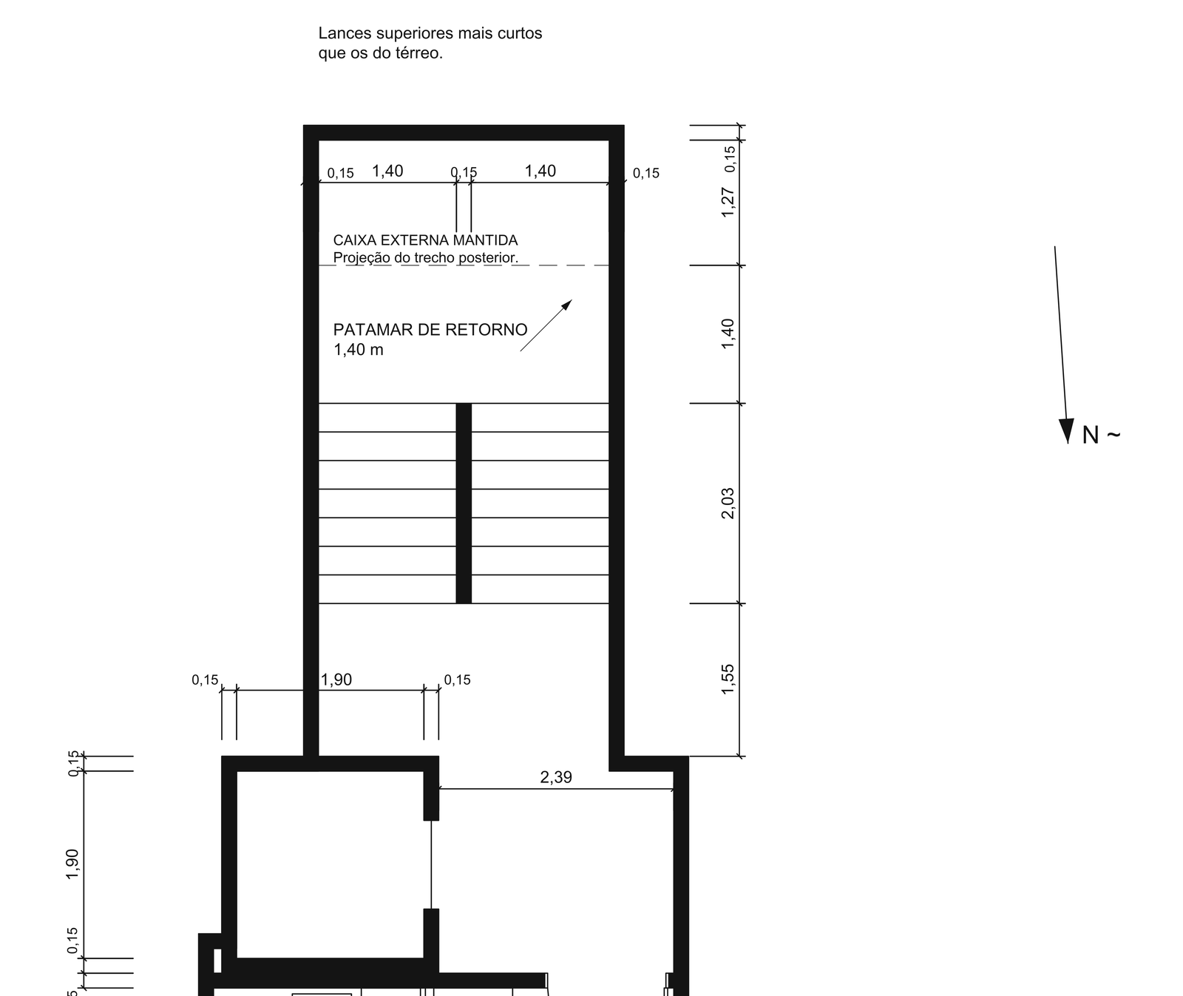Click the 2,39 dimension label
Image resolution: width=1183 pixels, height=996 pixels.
[556, 777]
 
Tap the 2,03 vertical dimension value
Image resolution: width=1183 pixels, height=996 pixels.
[728, 503]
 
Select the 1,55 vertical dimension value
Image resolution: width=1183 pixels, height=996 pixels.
[728, 679]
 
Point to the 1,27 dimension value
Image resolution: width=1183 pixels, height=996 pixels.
[728, 202]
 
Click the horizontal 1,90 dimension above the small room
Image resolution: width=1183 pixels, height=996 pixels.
[336, 680]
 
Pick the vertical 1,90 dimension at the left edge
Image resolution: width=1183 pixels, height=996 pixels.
[72, 864]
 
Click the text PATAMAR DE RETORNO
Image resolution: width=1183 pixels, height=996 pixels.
[430, 330]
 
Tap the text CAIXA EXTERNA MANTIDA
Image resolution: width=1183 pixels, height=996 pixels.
[425, 240]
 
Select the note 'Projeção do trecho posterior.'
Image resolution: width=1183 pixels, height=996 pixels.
[426, 258]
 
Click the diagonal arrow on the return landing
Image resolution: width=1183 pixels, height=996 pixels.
[546, 325]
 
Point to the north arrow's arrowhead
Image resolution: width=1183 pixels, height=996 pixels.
[1066, 430]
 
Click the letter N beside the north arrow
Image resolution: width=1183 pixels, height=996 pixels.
[1091, 435]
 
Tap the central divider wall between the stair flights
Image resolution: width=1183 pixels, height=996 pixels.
[464, 503]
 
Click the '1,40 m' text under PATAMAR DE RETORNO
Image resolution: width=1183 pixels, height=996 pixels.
[359, 350]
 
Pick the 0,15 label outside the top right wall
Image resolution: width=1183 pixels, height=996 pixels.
[646, 173]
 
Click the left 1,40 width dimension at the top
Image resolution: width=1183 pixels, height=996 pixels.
[387, 171]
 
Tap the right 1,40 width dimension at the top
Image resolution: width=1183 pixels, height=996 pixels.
[540, 171]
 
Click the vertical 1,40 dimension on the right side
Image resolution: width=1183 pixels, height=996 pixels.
[728, 333]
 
